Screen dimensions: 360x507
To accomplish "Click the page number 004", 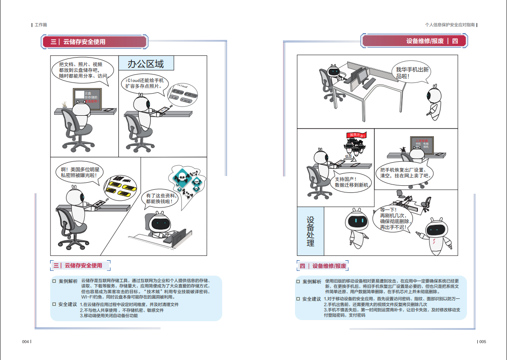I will coord(26,342).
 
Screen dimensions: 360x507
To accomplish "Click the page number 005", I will coord(482,342).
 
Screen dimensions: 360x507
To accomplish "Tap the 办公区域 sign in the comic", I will coord(146,64).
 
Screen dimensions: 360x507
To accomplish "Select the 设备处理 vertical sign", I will coord(310,231).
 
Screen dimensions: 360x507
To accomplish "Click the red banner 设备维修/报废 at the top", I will coord(414,41).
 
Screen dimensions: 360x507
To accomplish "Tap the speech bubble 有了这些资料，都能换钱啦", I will coord(161,198).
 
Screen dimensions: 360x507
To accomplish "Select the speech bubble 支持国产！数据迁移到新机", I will coord(352,182).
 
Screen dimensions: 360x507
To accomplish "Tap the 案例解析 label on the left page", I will coord(68,281).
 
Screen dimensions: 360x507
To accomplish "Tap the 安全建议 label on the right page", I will coord(311,299).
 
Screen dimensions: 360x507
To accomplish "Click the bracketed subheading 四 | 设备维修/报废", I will coord(322,266).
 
